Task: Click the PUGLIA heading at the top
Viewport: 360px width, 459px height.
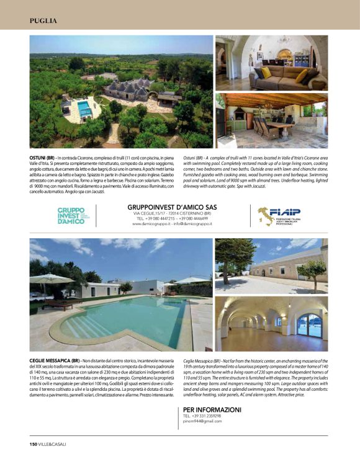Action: click(43, 21)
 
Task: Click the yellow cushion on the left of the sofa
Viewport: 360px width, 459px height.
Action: click(266, 72)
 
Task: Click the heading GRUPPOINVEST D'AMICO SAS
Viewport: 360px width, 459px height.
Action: click(172, 208)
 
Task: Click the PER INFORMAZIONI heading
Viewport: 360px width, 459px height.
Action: click(212, 410)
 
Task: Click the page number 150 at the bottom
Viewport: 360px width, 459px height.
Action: click(34, 443)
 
